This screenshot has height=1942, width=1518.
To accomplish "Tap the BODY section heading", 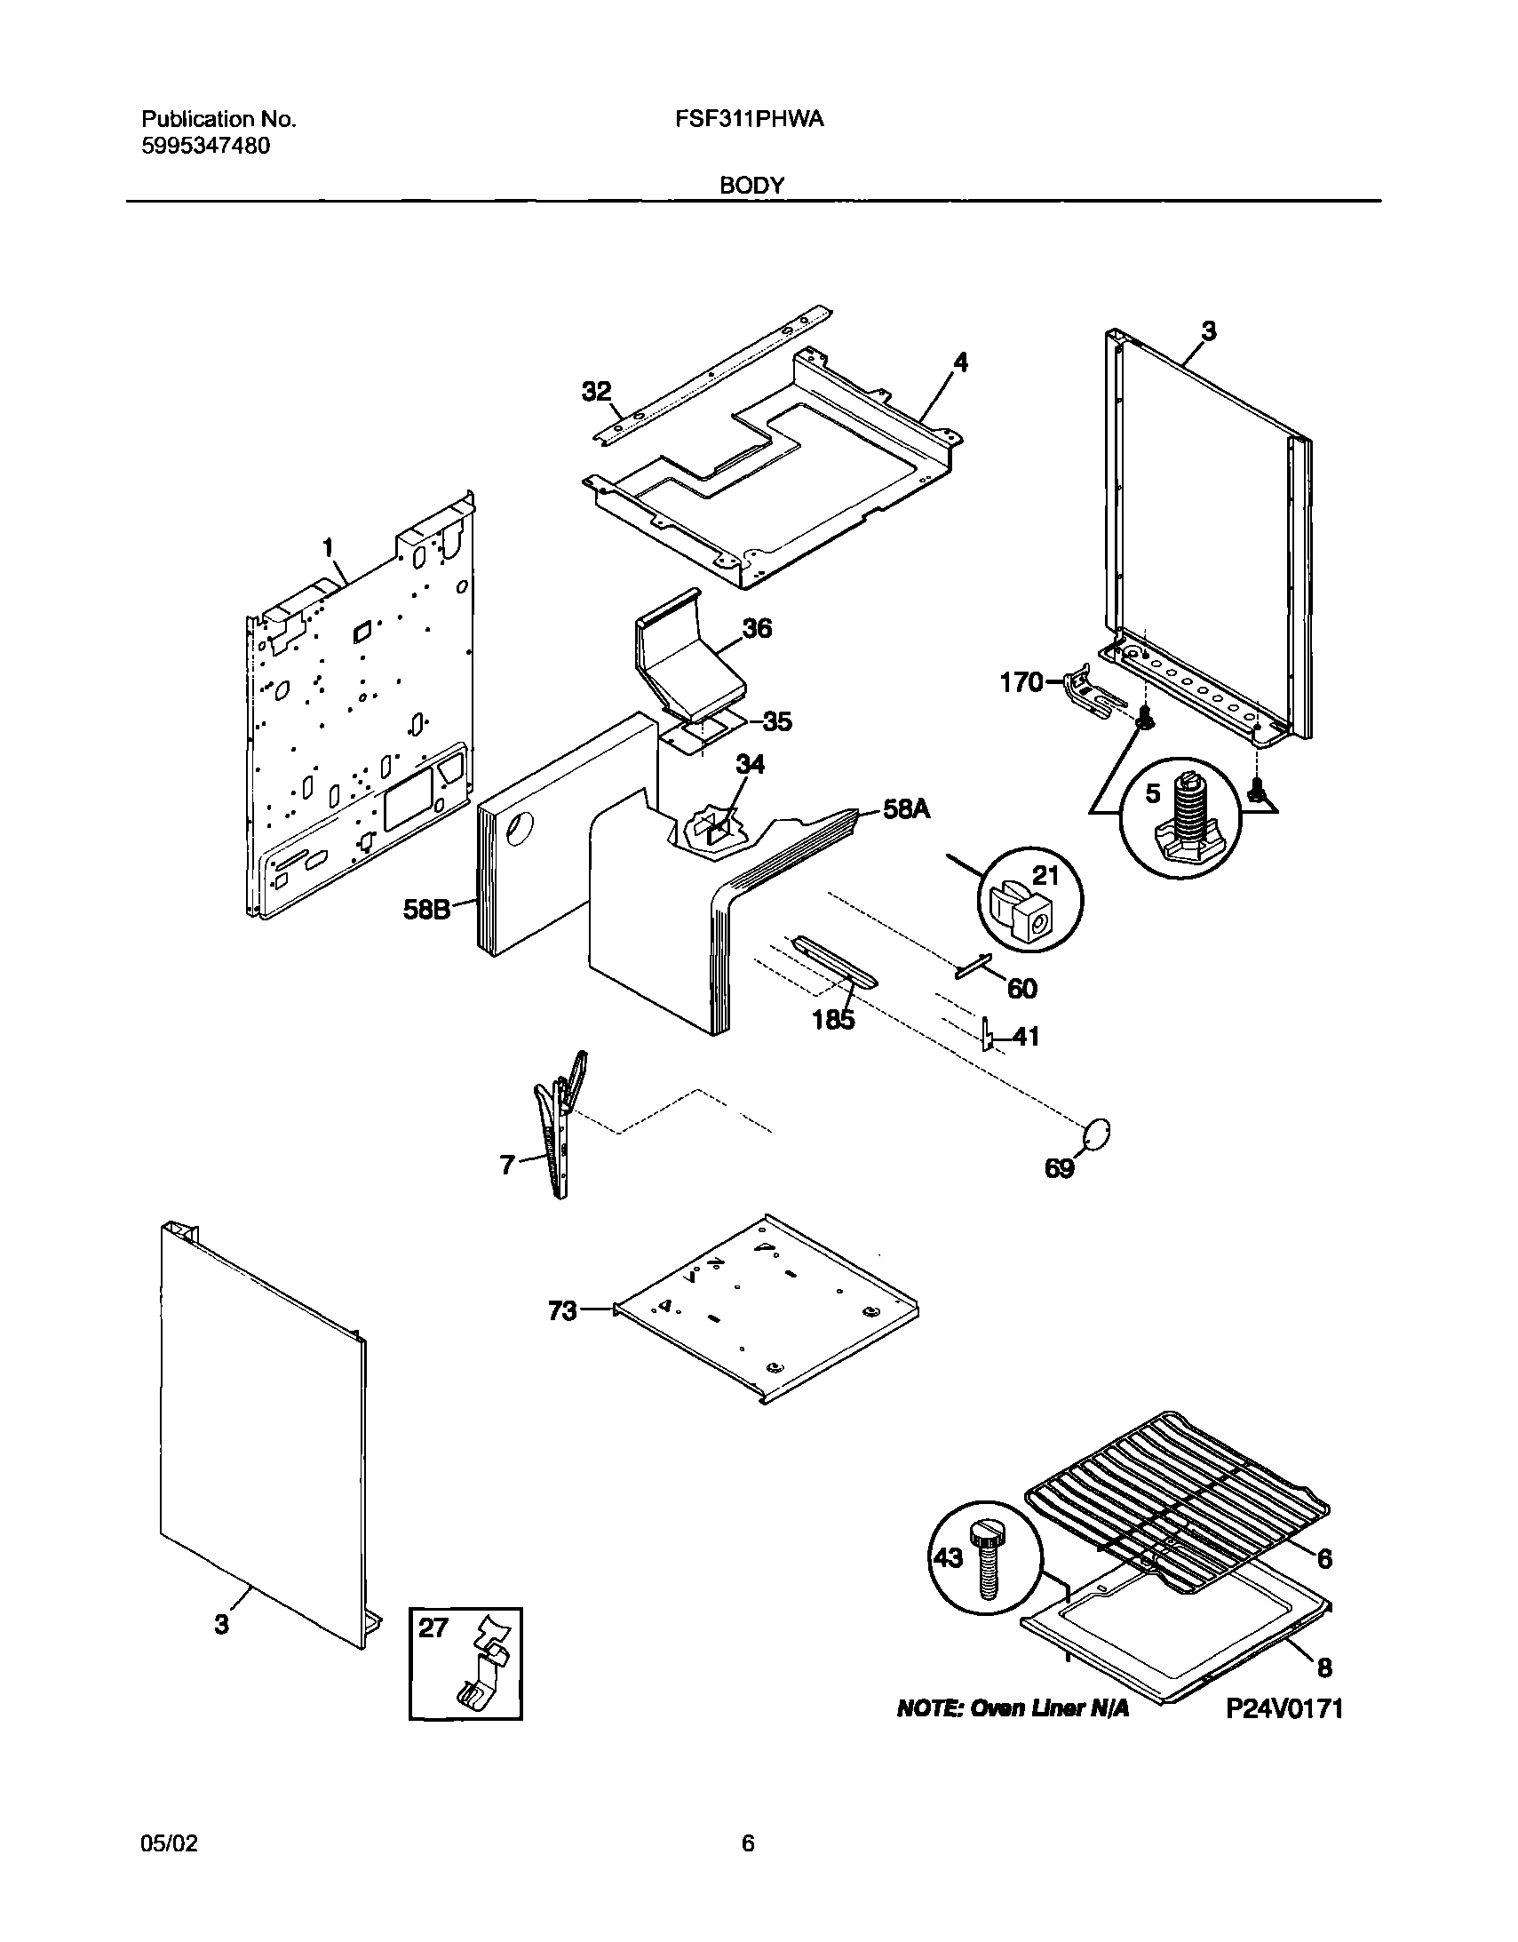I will coord(751,186).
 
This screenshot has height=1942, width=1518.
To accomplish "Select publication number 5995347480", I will coord(205,146).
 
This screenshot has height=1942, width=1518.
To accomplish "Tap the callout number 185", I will coord(833,1020).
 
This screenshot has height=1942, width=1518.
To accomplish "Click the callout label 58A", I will coord(905,808).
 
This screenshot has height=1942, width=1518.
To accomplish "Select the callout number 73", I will coord(562,1310).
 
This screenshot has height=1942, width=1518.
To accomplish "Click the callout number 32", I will coord(597,391).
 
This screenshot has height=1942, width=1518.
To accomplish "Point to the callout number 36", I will coord(757,629).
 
